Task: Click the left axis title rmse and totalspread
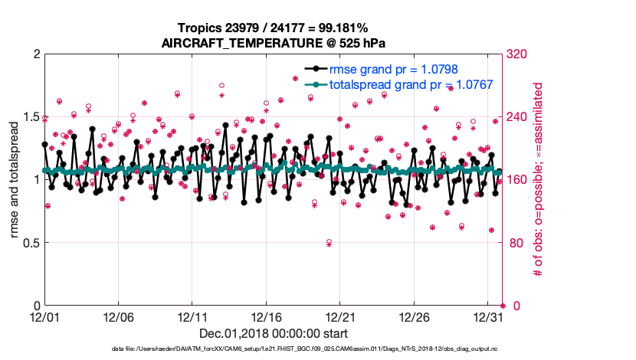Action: click(14, 180)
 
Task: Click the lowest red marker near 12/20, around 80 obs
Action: click(329, 243)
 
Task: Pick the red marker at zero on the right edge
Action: click(503, 306)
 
